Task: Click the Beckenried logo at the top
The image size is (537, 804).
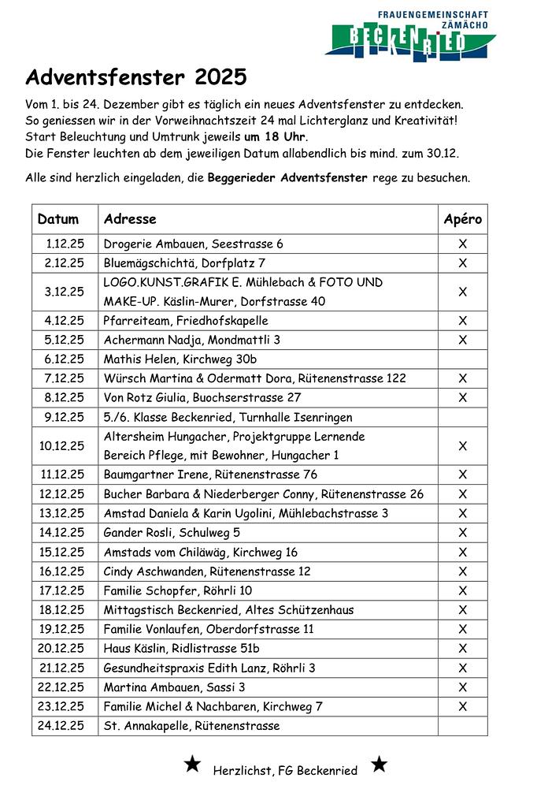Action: click(407, 39)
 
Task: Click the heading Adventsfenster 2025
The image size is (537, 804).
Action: click(135, 77)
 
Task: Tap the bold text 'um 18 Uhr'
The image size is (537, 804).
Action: click(274, 136)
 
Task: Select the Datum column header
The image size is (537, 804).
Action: click(58, 219)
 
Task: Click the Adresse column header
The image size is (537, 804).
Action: click(130, 219)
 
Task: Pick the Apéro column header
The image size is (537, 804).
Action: click(462, 219)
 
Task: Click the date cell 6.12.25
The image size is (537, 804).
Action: click(65, 359)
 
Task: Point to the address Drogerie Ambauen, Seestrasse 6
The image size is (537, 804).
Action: click(193, 244)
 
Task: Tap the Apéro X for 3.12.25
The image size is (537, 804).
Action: click(463, 292)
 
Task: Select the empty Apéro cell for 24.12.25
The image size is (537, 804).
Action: click(463, 726)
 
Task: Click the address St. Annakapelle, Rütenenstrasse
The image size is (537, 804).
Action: click(191, 726)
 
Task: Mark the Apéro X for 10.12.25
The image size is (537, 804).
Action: click(463, 446)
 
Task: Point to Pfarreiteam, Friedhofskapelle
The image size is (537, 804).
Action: click(186, 321)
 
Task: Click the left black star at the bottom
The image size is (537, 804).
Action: click(192, 764)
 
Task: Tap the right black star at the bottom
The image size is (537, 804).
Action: click(379, 764)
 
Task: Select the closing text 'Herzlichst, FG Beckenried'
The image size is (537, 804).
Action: click(285, 771)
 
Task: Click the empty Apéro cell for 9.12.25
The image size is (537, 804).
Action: click(463, 417)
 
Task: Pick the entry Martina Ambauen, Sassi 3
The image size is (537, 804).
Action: click(174, 687)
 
